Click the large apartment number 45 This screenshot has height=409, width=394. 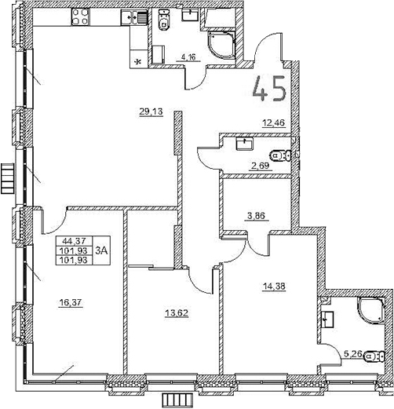pos(269,89)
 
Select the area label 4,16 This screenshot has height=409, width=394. pos(189,56)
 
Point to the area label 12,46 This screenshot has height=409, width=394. pos(274,122)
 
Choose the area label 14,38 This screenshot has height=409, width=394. pos(274,287)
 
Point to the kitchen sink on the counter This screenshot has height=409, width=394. pos(129,17)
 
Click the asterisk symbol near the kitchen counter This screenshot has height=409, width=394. pos(139,61)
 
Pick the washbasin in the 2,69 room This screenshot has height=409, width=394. pos(245,144)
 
